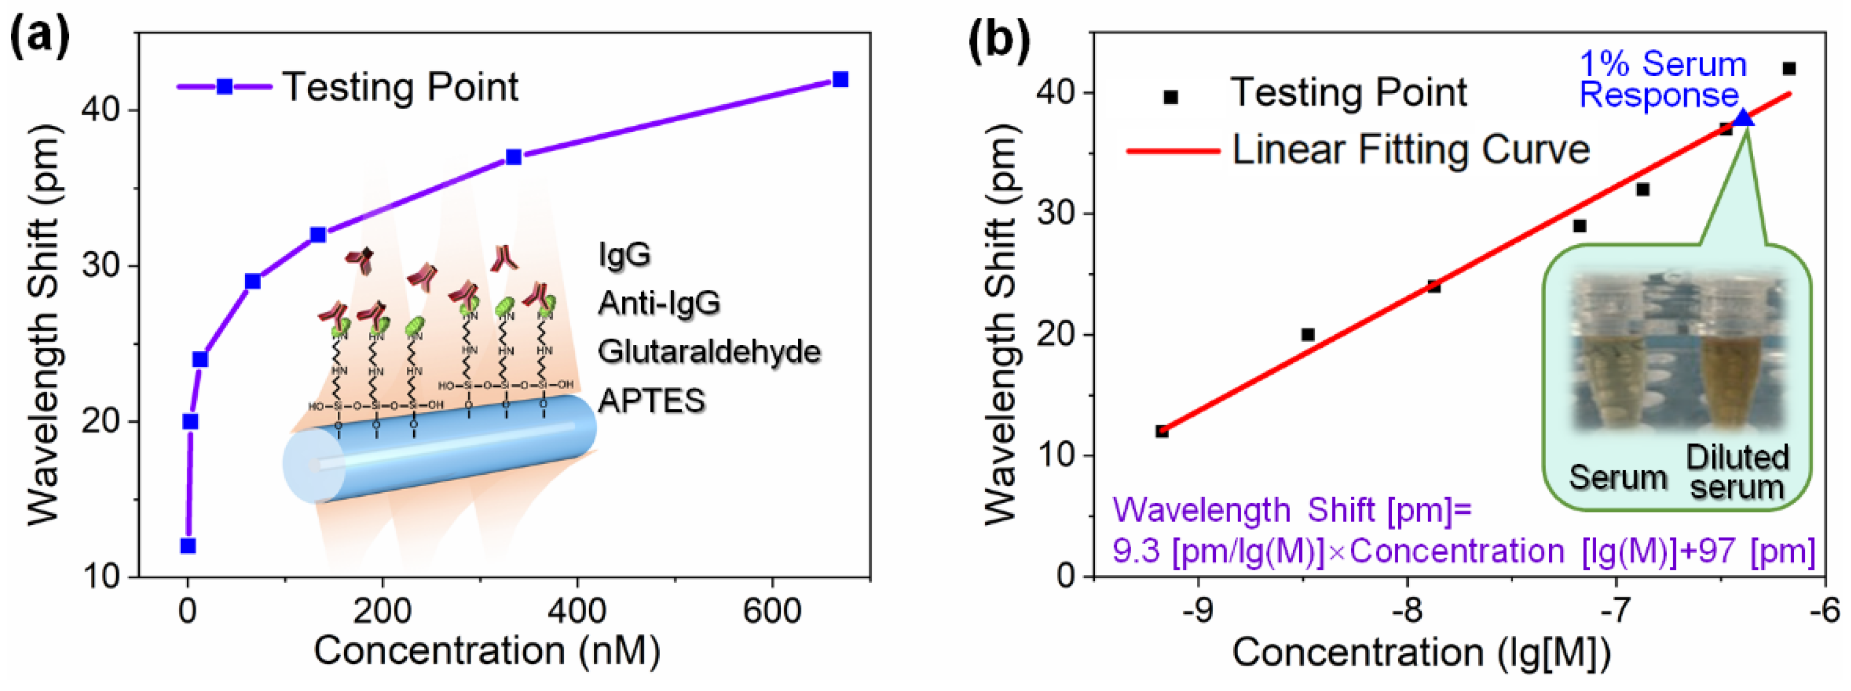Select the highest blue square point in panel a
pos(839,79)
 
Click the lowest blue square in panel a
pos(188,546)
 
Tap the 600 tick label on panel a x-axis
pos(772,611)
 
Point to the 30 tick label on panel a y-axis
pos(101,266)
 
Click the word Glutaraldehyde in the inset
pos(708,352)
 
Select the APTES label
pos(651,401)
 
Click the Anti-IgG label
pos(658,303)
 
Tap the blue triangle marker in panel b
pos(1744,117)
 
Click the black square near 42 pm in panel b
pos(1789,69)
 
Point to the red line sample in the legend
pos(1173,151)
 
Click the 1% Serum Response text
pos(1662,79)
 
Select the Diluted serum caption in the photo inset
pos(1736,472)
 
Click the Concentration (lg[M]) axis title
pos(1421,653)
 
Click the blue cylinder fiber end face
pos(312,467)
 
